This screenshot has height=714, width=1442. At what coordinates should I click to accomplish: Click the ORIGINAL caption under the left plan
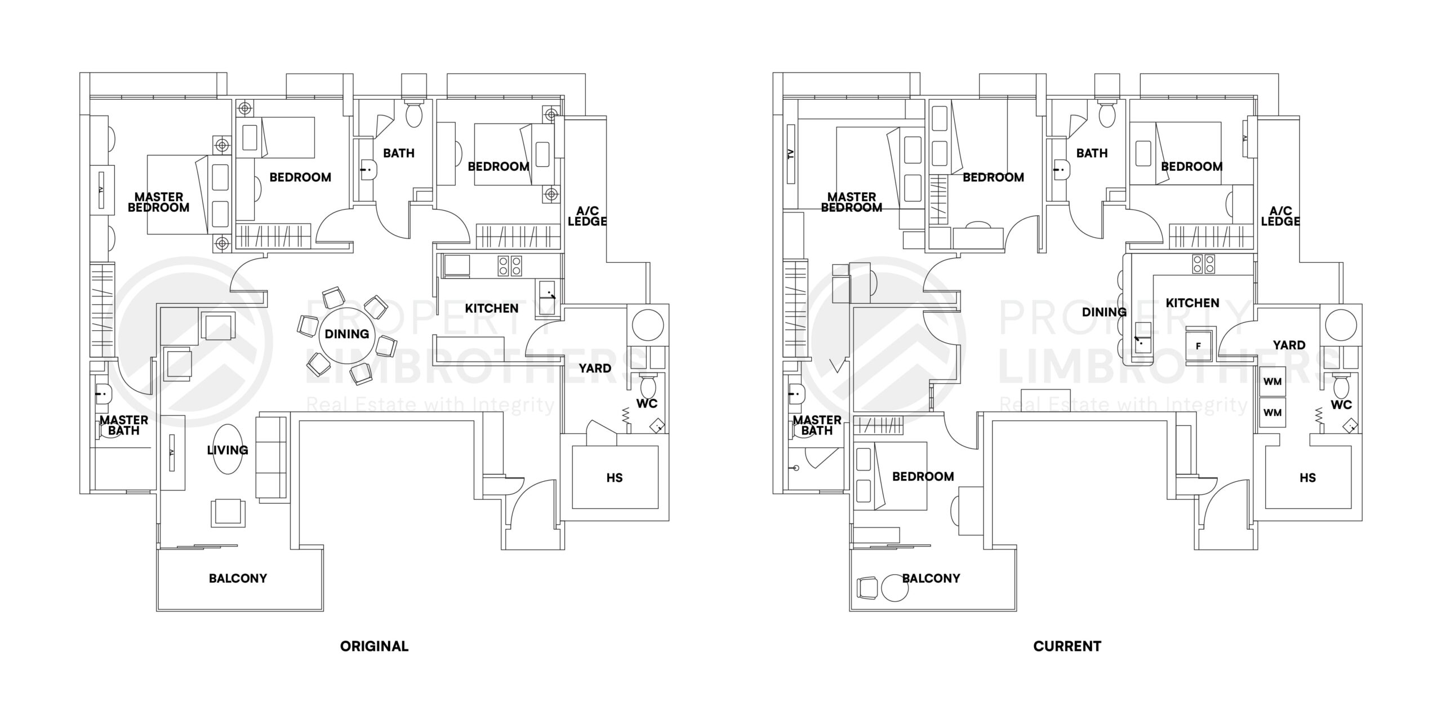[x=374, y=646]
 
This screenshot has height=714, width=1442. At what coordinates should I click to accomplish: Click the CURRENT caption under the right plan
[x=1067, y=646]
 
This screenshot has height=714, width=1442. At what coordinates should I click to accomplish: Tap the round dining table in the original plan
[x=346, y=334]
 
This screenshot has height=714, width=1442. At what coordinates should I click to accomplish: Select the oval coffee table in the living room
[x=228, y=450]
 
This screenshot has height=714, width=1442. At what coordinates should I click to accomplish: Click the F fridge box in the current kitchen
[x=1198, y=345]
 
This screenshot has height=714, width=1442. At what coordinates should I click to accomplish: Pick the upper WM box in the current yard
[x=1272, y=382]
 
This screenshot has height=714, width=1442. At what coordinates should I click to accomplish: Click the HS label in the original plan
[x=614, y=477]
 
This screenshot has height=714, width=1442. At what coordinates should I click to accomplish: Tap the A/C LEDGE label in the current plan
[x=1280, y=216]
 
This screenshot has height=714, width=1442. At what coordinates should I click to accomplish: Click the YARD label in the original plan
[x=595, y=368]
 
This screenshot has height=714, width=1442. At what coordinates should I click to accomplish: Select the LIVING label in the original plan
[x=228, y=450]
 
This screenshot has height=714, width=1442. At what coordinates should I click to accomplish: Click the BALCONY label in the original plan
[x=238, y=578]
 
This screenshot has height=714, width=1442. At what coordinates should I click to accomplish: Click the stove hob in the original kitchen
[x=510, y=265]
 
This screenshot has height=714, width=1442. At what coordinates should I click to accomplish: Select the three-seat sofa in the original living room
[x=272, y=458]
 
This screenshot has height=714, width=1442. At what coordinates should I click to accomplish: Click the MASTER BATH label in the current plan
[x=817, y=425]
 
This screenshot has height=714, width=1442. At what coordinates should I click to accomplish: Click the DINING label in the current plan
[x=1104, y=312]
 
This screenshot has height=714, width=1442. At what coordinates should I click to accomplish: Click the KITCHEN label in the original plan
[x=491, y=308]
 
